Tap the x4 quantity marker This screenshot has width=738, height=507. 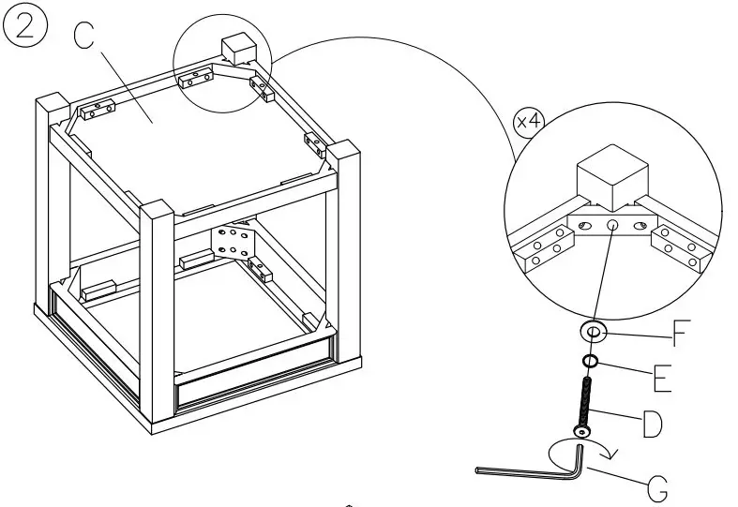tap(530, 124)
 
